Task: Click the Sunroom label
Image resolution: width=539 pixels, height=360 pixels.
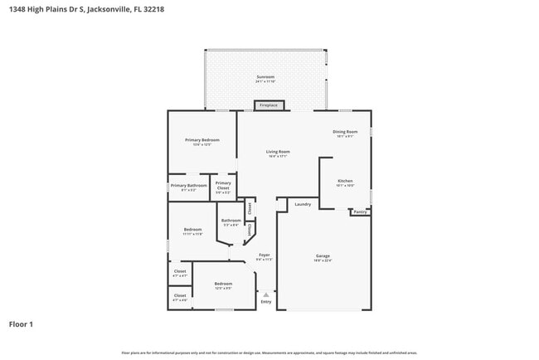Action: (x=265, y=77)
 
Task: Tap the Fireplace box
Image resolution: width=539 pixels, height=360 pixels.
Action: (x=269, y=105)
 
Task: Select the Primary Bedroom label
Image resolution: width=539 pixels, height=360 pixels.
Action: (x=202, y=140)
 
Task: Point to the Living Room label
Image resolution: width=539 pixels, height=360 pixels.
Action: (x=278, y=152)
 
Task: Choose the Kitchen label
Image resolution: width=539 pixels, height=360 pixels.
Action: (x=345, y=181)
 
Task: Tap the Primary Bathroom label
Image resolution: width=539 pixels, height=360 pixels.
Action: (x=188, y=186)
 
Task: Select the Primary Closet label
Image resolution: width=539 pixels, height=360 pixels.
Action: (x=223, y=185)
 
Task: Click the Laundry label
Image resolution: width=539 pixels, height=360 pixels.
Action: (x=303, y=204)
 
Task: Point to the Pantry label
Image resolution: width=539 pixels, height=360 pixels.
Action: (x=360, y=212)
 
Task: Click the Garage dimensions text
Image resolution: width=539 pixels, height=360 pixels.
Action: (x=323, y=260)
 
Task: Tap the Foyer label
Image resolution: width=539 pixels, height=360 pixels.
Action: (x=265, y=255)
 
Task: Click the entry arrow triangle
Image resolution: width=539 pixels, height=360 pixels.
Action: (x=265, y=294)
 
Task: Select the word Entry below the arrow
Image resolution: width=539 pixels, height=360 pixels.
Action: (x=265, y=302)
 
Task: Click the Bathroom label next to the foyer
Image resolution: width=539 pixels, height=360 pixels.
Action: (x=231, y=220)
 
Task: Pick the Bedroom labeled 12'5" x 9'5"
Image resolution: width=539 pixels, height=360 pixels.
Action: (x=223, y=284)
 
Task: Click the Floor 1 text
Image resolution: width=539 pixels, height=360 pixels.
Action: (x=21, y=324)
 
